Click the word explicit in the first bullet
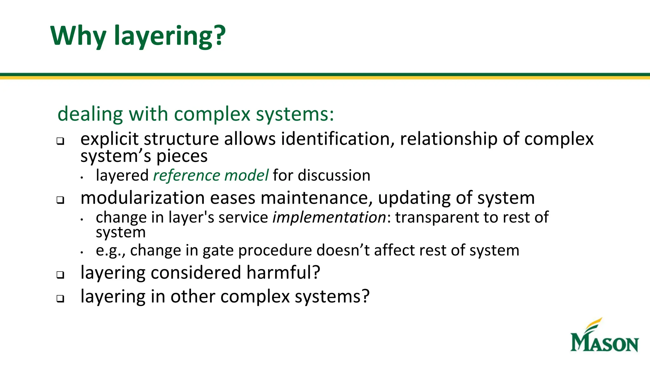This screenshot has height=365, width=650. [x=109, y=139]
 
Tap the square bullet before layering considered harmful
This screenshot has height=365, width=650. [x=60, y=275]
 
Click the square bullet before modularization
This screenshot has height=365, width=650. [x=60, y=200]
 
